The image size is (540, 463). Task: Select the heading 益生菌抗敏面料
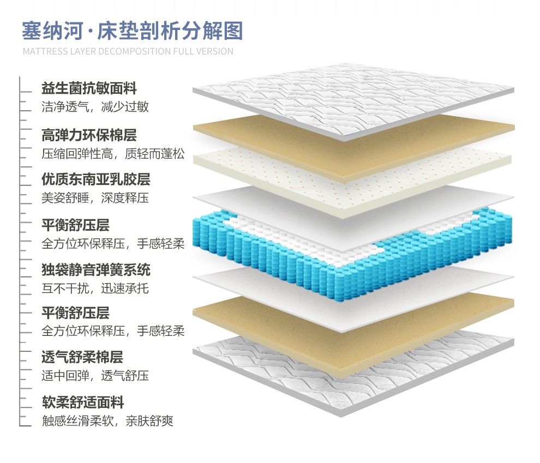pos(89,88)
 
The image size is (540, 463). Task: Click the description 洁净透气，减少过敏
pos(95,107)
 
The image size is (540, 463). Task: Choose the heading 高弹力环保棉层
pos(89,134)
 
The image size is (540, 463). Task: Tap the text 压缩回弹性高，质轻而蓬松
pos(113,154)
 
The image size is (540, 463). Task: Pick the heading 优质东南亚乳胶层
pos(95,179)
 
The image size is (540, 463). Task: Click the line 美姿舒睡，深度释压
pos(95,198)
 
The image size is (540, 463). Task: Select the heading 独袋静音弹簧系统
pos(96,269)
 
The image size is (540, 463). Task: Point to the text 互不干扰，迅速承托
pos(95,288)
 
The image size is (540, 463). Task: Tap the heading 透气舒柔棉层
pos(82,357)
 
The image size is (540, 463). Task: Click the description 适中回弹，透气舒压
pos(95,376)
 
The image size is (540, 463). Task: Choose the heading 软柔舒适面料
pos(82,402)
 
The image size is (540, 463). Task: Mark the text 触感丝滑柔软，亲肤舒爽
pos(107,421)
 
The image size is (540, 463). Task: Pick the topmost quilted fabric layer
pos(355,101)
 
